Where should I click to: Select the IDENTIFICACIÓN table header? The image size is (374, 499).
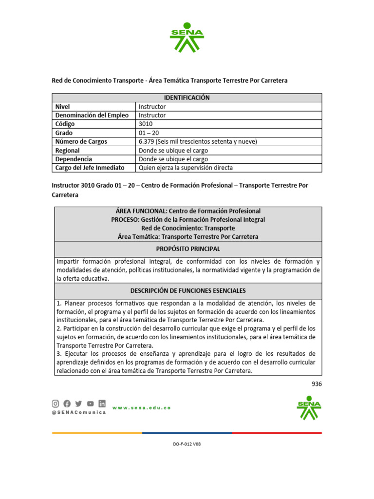(187, 97)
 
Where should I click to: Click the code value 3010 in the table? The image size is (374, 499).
(146, 124)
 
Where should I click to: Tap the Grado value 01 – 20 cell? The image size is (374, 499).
(149, 133)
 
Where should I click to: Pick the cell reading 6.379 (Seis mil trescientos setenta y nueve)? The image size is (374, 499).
(198, 141)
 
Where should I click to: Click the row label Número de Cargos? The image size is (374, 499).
(81, 141)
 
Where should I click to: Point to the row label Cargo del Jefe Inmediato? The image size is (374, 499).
(90, 168)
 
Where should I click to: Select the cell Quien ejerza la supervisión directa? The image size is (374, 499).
(186, 168)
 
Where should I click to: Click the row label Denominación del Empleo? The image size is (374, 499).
(92, 115)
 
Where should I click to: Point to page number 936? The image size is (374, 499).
(317, 384)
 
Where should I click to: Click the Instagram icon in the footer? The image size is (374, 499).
(56, 403)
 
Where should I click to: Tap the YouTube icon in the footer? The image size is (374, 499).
(90, 403)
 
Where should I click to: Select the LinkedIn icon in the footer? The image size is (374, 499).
(102, 403)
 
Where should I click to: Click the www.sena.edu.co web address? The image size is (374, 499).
(141, 407)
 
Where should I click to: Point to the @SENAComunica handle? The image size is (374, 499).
(78, 412)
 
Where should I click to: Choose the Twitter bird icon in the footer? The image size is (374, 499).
(78, 403)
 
